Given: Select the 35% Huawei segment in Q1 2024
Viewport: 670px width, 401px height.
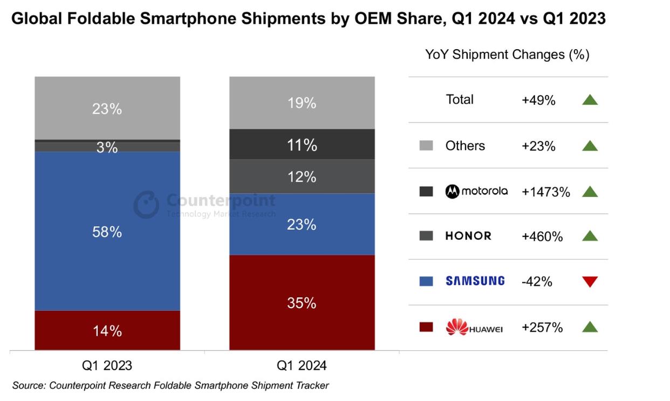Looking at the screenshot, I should (302, 303).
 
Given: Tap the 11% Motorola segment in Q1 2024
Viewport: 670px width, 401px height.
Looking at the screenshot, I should (302, 145).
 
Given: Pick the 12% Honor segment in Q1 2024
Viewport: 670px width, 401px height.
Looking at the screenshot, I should (302, 176).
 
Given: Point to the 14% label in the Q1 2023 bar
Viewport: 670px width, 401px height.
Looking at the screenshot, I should (107, 331).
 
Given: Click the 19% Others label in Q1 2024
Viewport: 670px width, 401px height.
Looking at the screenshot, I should (302, 103).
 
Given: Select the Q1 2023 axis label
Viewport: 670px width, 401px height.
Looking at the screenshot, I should (107, 365).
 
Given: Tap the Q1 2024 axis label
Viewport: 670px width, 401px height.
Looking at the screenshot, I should (302, 365).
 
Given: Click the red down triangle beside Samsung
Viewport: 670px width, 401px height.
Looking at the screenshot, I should (590, 281).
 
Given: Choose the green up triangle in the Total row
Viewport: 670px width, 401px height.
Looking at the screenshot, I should (590, 99).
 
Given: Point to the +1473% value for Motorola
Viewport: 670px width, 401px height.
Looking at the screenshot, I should (545, 192).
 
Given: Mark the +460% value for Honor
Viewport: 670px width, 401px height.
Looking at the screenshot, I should (542, 236).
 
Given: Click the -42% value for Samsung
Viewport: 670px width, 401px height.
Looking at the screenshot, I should (537, 281).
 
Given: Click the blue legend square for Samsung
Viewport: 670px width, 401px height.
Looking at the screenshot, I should (426, 281).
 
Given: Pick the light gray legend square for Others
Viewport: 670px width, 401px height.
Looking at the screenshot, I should (426, 146).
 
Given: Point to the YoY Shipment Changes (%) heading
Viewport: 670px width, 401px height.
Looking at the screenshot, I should (507, 55).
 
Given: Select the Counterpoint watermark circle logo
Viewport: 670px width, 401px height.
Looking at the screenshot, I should (146, 205).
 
